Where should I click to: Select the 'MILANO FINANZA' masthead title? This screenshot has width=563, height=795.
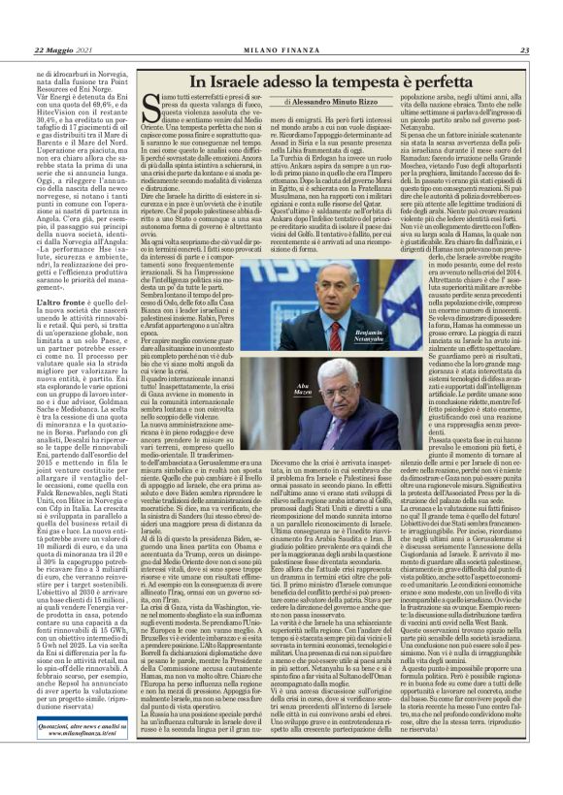282,51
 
